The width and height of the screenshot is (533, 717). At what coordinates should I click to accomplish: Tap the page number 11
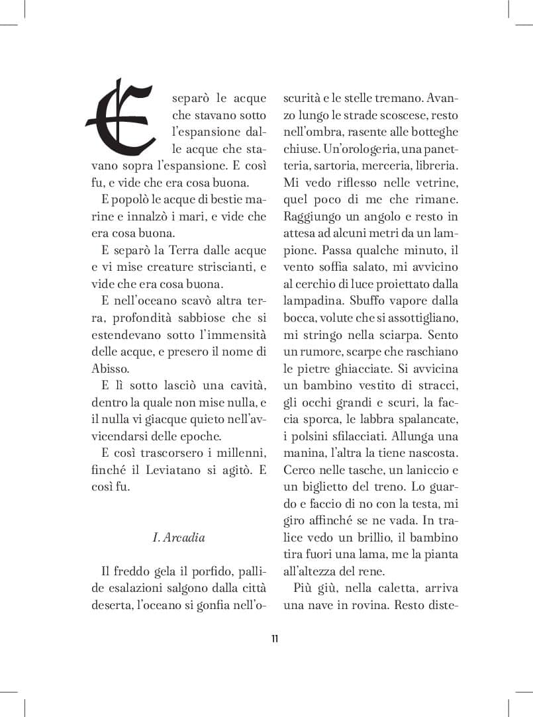(x=274, y=639)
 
